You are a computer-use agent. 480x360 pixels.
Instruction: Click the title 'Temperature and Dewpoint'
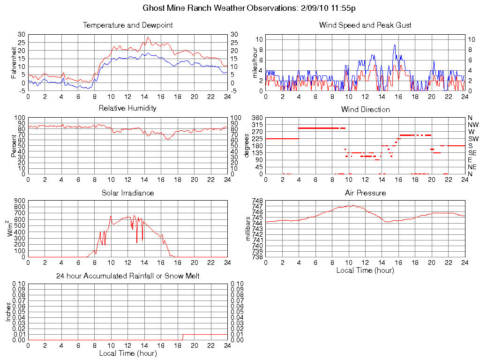127,25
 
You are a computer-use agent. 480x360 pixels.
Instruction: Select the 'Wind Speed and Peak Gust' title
365,25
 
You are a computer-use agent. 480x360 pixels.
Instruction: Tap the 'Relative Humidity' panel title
127,108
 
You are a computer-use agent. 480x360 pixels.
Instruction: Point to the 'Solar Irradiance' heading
127,193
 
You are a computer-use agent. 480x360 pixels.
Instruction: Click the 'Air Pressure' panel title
365,193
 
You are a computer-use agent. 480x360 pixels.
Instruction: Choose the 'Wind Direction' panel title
365,110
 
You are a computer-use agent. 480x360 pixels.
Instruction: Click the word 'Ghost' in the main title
153,8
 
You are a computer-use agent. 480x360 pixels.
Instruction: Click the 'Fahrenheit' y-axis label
14,63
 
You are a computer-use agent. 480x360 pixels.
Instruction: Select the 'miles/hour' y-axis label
255,63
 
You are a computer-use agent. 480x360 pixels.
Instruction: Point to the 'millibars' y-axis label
248,228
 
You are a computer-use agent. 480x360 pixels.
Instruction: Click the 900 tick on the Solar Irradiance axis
19,201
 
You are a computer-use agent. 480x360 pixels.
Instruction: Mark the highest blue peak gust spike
395,45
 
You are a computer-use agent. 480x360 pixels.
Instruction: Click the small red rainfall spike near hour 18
183,337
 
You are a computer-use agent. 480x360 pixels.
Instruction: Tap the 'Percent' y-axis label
14,146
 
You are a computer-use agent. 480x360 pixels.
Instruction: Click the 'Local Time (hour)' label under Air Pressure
365,270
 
